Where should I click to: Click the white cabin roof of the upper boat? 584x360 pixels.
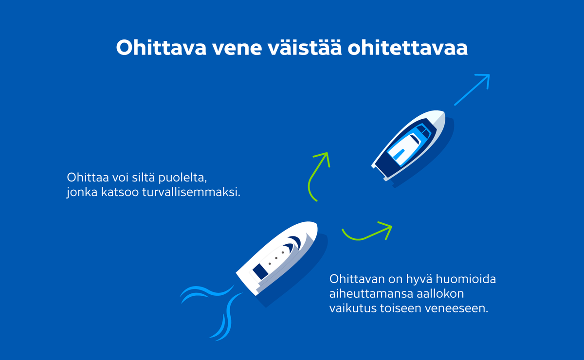coord(405,145)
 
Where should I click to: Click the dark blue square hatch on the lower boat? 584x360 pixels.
coord(259,268)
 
